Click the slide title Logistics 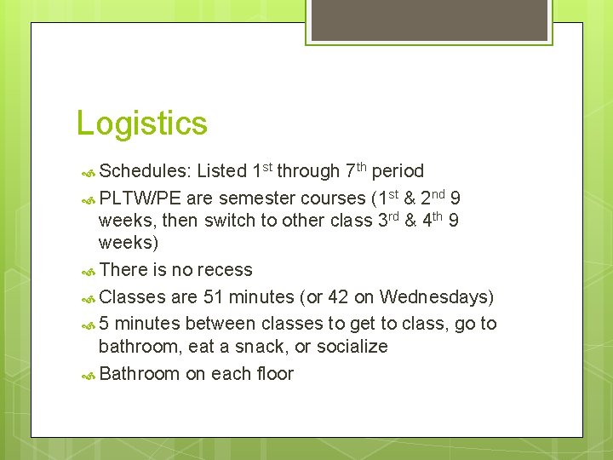coord(141,124)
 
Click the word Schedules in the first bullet coord(144,171)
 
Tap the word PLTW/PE coord(140,198)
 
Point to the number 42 coord(341,297)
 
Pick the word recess coord(224,270)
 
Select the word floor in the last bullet coord(275,374)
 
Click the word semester coord(256,198)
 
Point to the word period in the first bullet coord(398,171)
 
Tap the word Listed coord(221,171)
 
